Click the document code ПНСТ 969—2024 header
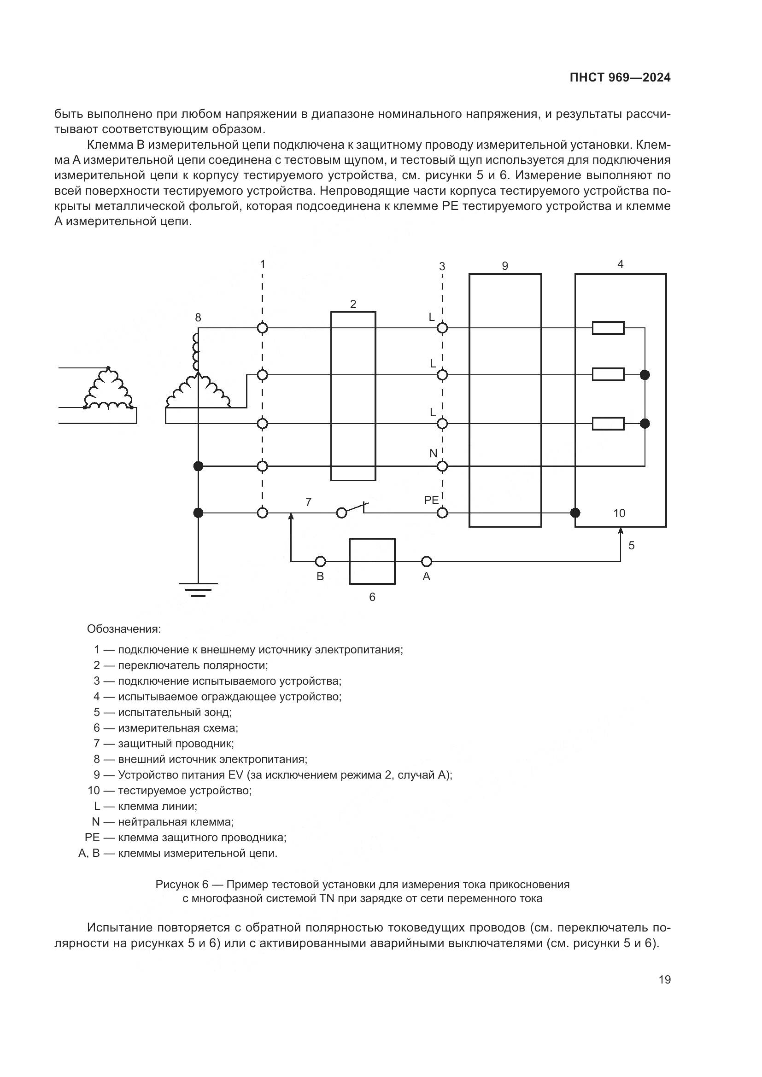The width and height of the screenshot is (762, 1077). tap(620, 78)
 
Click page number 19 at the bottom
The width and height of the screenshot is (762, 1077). tap(664, 979)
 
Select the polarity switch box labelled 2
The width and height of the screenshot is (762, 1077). tap(353, 396)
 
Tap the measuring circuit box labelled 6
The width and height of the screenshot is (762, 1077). tap(372, 561)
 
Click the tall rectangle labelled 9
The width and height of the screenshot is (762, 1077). tap(505, 400)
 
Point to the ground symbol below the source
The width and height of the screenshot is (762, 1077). tap(198, 589)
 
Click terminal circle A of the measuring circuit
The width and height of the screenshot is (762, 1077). tap(427, 561)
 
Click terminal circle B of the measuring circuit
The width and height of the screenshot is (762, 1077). tap(321, 561)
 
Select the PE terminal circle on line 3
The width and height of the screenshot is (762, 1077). tap(442, 513)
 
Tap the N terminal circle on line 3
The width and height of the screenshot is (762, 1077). tap(442, 466)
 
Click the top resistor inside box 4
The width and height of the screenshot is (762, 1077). tap(608, 328)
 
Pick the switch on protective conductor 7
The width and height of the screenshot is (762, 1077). tap(353, 509)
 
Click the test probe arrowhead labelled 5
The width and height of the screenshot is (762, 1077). tap(620, 530)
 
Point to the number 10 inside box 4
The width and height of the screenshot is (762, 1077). tap(619, 513)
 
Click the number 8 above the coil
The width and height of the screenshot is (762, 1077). tap(198, 318)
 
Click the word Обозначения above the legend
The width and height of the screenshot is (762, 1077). tap(124, 629)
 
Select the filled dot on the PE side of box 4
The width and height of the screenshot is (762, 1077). tap(575, 512)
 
